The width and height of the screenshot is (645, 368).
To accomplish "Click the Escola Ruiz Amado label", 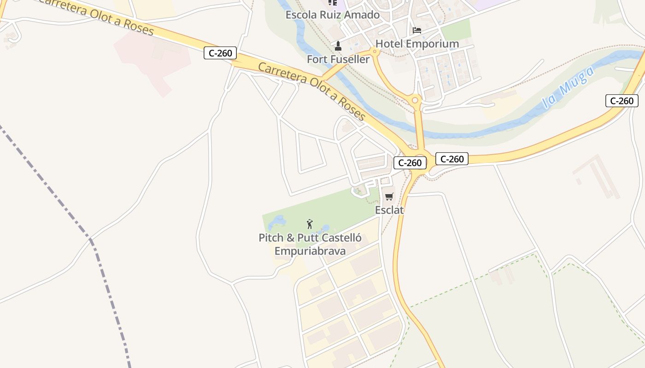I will click(333, 15).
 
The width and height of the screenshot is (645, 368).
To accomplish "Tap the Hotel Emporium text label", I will click(417, 44).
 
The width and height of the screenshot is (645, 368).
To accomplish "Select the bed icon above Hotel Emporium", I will click(417, 30).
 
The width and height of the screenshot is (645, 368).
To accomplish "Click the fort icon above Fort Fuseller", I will click(338, 46).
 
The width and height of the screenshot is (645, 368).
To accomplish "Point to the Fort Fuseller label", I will click(338, 59).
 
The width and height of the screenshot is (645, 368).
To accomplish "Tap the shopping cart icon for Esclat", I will click(389, 197).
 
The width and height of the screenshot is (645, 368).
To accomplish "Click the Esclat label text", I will click(389, 210).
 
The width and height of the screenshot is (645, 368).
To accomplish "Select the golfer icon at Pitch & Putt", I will click(310, 224).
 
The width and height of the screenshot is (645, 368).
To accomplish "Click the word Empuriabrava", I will click(310, 251).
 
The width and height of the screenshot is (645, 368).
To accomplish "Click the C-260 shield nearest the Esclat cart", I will click(410, 163).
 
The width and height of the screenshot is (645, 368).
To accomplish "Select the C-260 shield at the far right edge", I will click(622, 101).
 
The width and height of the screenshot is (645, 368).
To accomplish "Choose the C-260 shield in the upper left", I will click(220, 53).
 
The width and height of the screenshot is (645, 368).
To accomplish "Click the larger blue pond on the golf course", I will click(277, 222).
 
